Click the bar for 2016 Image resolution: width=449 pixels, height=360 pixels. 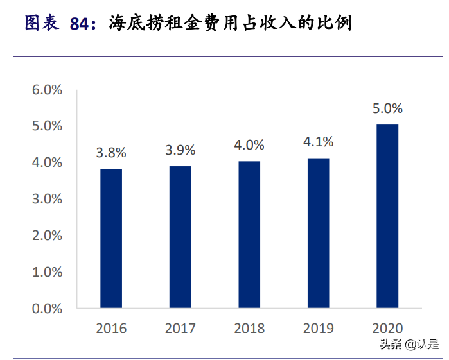pos(111,238)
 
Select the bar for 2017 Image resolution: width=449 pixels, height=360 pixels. pos(180,237)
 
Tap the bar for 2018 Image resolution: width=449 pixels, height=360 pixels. pos(249,234)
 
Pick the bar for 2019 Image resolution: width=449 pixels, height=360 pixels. pos(318,233)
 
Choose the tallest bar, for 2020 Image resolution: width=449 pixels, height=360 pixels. pos(387,216)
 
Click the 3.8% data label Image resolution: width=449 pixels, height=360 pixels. pos(111,153)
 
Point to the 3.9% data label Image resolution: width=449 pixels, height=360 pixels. pos(180,150)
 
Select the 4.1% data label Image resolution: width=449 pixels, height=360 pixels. pos(318,142)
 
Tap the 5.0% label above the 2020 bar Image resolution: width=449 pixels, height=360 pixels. pos(387,108)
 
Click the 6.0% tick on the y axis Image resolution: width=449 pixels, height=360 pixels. pos(47,90)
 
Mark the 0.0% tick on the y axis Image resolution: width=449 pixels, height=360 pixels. pos(47,309)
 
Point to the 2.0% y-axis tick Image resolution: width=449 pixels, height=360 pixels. pos(47,236)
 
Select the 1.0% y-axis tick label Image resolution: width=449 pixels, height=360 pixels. pos(47,272)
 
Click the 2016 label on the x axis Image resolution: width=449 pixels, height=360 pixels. pos(111,329)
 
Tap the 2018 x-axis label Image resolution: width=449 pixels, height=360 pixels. pos(249,329)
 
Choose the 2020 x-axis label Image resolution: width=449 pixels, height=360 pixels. pos(387,329)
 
